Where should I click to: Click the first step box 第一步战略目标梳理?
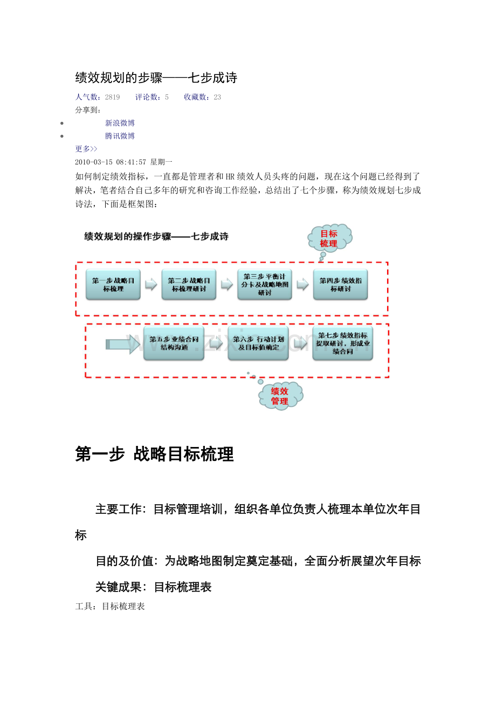113,285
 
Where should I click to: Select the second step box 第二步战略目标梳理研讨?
189,285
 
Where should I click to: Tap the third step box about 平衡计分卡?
265,285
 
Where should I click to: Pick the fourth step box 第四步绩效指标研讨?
340,285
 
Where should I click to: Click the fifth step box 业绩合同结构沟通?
174,343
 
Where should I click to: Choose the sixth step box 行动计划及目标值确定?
258,343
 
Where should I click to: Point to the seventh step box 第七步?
342,343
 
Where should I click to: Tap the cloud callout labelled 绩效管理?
280,396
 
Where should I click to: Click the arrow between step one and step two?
151,284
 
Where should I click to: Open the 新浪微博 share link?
120,123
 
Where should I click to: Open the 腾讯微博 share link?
120,136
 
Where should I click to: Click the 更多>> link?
86,149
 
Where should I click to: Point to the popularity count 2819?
112,97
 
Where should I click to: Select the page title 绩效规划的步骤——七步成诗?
156,78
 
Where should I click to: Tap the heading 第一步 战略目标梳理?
155,455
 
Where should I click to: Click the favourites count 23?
217,97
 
